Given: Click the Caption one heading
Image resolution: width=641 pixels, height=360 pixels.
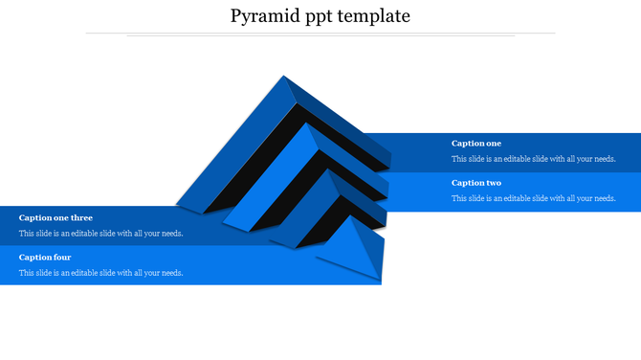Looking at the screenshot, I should (x=475, y=144).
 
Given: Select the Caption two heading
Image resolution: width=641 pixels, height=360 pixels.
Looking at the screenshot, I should (x=475, y=183).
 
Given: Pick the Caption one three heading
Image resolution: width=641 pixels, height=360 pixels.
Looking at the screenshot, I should (x=55, y=218).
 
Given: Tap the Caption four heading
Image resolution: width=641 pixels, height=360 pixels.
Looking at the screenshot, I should (x=45, y=258).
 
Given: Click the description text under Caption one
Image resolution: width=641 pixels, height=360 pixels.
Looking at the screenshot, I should (x=533, y=159).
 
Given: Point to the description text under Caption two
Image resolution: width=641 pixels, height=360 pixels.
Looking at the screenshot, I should (x=533, y=198).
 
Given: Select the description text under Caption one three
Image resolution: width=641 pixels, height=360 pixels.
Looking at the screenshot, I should (x=100, y=234).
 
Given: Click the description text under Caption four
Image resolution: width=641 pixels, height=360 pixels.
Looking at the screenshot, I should (x=100, y=273).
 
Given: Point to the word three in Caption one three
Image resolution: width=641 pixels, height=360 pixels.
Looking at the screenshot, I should (x=81, y=218).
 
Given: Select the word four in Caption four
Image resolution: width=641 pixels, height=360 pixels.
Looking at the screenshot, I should (x=62, y=258).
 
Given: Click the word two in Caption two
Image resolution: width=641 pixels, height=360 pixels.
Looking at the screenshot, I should (x=492, y=183).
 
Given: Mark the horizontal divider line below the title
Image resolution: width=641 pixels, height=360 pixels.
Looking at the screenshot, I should (x=320, y=34).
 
